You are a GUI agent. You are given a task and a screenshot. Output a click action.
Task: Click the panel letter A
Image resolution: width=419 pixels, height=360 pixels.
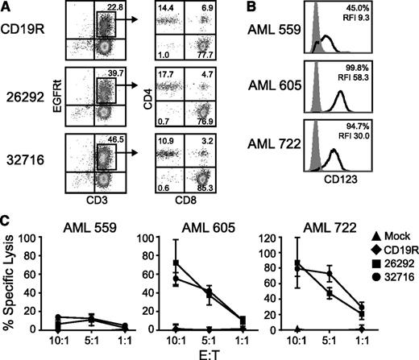(x=6, y=8)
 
